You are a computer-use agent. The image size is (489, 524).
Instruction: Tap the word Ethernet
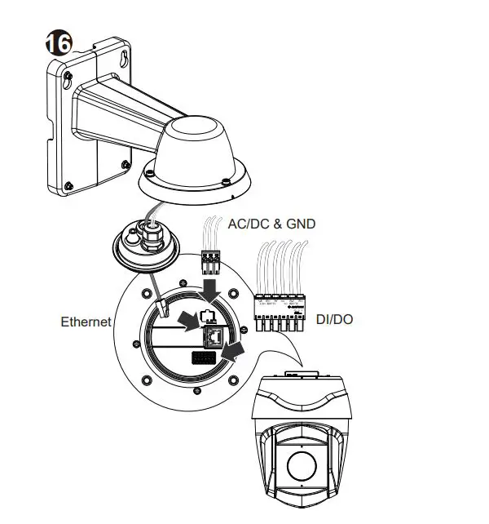click(x=86, y=322)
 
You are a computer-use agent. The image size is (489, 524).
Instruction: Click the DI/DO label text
click(x=335, y=318)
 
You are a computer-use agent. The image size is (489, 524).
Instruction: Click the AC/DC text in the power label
click(x=248, y=224)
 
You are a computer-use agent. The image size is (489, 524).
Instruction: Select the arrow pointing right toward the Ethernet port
click(x=189, y=320)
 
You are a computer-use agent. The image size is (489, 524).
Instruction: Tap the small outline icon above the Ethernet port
click(x=206, y=316)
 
